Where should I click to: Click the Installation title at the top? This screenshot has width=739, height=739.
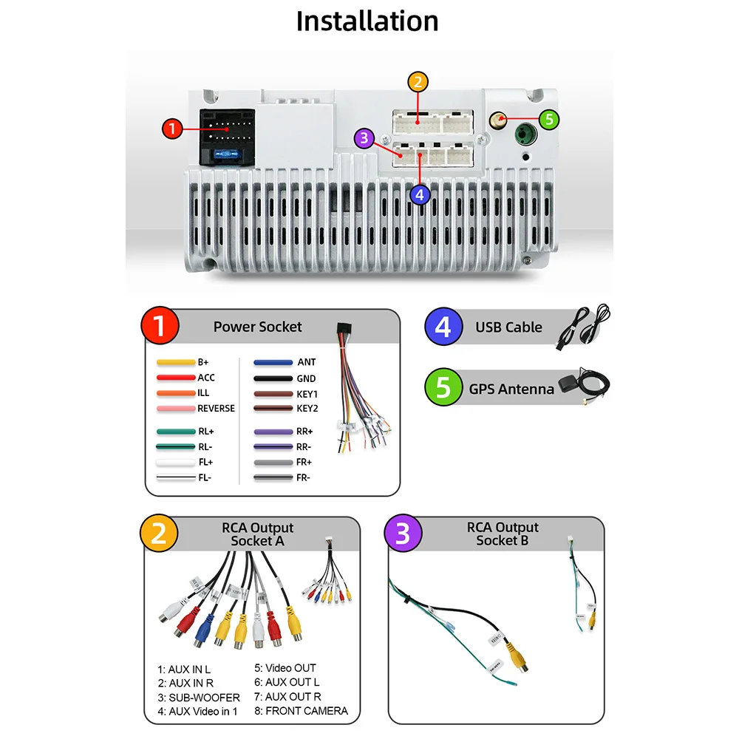(x=367, y=21)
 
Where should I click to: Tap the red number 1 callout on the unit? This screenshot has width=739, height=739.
(x=172, y=129)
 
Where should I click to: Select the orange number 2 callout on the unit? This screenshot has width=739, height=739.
(x=418, y=82)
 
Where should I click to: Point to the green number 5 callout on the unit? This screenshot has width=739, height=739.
(x=548, y=118)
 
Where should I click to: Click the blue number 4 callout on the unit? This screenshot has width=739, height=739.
(x=420, y=194)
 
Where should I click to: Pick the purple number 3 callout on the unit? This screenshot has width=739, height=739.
(x=363, y=138)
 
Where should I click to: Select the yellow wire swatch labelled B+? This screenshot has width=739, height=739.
(x=175, y=363)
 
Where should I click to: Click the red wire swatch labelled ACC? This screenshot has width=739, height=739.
(x=175, y=378)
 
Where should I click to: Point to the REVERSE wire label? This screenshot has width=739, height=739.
(x=216, y=408)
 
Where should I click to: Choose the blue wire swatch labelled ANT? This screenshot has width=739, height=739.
(x=273, y=363)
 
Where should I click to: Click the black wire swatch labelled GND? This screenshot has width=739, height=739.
(x=273, y=378)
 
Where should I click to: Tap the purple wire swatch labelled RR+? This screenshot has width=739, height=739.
(x=273, y=431)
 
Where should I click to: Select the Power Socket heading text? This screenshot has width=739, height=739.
(x=257, y=327)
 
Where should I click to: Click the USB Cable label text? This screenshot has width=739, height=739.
(x=508, y=327)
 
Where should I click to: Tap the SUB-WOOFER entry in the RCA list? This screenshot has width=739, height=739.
(x=199, y=697)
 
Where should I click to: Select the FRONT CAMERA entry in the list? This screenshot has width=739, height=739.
(x=301, y=711)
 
